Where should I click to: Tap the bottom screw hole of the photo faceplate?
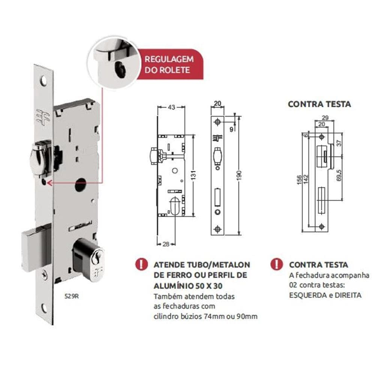click(x=44, y=308)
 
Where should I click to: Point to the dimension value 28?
click(x=165, y=244)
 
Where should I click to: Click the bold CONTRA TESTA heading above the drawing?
click(x=319, y=104)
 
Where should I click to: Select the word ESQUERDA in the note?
click(x=303, y=295)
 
